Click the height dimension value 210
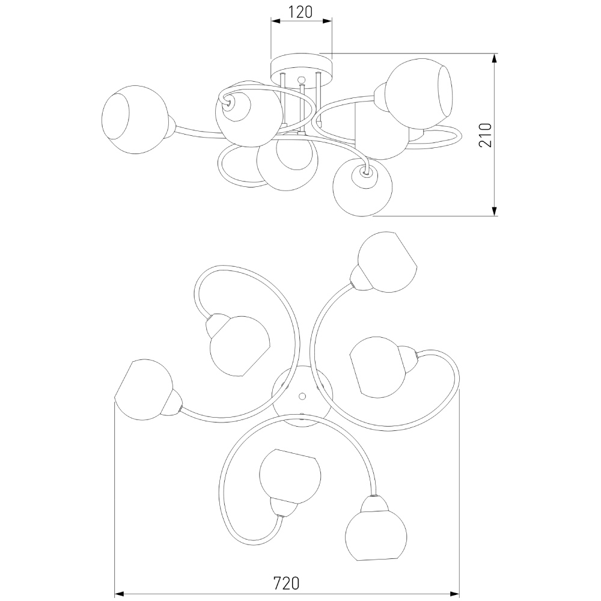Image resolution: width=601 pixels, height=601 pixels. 485,135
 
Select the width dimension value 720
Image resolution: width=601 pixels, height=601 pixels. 286,583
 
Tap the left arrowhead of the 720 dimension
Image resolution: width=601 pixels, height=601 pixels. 119,594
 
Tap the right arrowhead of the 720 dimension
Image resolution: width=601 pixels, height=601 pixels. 455,594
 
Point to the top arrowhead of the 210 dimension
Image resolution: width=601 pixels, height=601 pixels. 495,58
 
